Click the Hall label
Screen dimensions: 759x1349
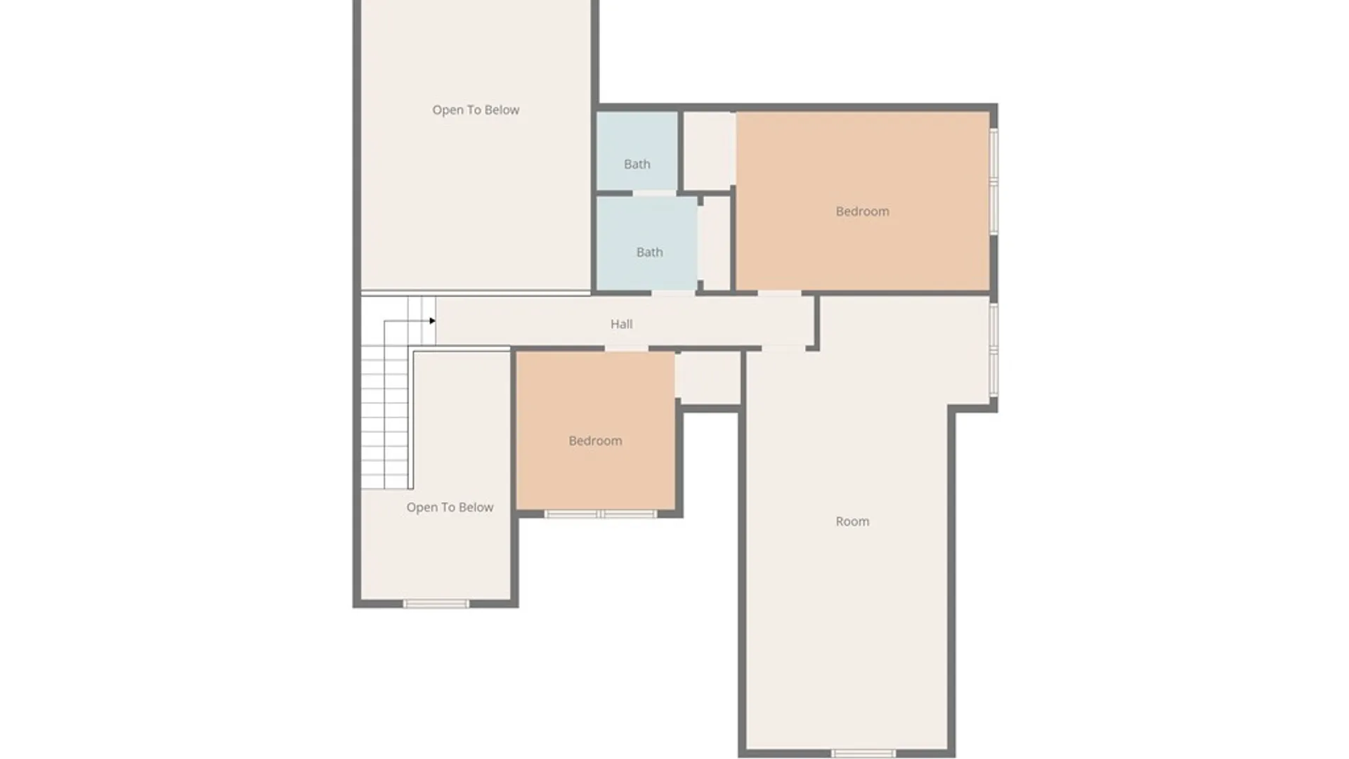pos(621,324)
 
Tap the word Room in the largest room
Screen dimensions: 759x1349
pos(852,521)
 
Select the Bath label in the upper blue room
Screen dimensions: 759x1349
pos(637,164)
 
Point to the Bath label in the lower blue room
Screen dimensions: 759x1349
pos(649,252)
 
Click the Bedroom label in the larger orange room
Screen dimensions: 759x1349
pos(862,212)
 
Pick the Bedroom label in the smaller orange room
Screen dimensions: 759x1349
pos(595,441)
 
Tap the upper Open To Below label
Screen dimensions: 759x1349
pos(476,110)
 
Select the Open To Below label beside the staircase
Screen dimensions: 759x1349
pos(450,507)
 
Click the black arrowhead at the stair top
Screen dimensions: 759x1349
pos(432,321)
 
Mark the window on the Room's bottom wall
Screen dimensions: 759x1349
pos(863,753)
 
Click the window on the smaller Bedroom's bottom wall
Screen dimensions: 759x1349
pos(601,514)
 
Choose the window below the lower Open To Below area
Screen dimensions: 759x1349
pos(436,604)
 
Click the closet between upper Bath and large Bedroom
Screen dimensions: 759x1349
pos(708,150)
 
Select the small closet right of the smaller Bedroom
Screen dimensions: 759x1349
pos(708,377)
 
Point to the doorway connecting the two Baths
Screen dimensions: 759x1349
pos(654,193)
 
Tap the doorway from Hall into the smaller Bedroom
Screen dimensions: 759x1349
pos(626,349)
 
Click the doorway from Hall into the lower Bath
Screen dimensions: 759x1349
pos(673,293)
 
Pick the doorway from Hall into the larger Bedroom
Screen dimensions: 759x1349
pos(778,293)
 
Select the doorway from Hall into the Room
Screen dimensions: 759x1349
pos(783,348)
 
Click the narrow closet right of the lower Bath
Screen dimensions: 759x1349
pos(717,243)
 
